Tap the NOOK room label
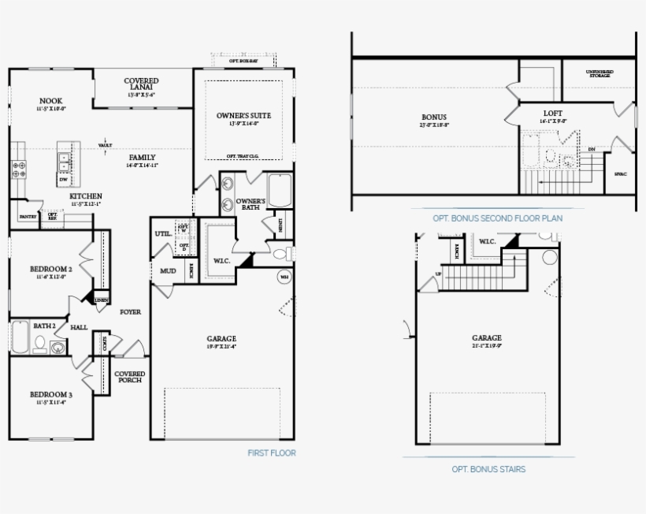(51, 101)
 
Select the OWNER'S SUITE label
(238, 116)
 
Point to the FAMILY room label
(143, 158)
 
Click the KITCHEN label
(85, 196)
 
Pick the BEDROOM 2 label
(51, 270)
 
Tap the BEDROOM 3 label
(51, 394)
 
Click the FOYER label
(130, 312)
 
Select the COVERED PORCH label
(130, 377)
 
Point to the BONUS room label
(434, 118)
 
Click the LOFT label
(553, 113)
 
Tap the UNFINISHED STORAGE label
(600, 74)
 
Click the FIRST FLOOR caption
(272, 453)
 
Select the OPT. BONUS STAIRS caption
(488, 469)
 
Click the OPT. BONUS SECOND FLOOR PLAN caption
(497, 218)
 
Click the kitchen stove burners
(17, 168)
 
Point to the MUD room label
(168, 271)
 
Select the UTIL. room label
(163, 234)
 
